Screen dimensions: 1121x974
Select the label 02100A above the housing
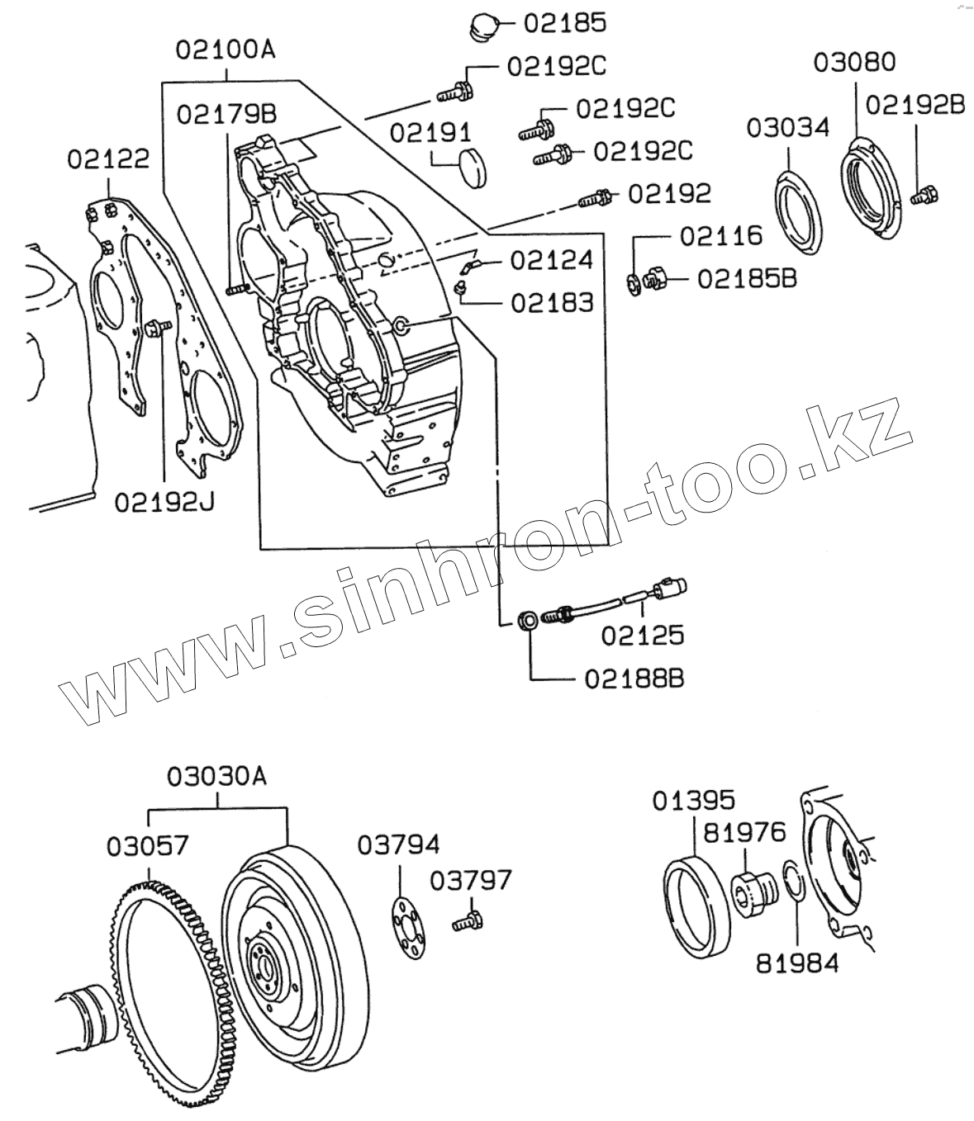225,50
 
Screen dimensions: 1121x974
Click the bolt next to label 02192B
922,196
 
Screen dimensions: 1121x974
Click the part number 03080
854,63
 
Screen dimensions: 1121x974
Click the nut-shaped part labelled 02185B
655,280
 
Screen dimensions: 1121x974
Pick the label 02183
552,302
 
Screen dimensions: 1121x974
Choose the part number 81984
797,962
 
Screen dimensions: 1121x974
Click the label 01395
693,801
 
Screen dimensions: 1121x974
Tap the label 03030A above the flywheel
217,777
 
